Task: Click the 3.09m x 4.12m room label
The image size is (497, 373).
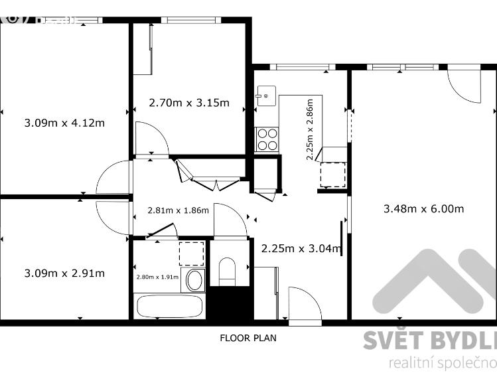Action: click(x=64, y=122)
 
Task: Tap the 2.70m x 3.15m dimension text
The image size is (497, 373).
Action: click(x=189, y=102)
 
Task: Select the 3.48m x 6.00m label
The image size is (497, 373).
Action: click(x=423, y=208)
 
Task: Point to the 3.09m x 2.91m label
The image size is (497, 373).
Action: click(x=64, y=273)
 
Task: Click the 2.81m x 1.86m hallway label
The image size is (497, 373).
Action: click(x=178, y=210)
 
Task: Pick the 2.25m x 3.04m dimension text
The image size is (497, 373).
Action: click(x=301, y=249)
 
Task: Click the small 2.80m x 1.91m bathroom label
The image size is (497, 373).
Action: click(x=157, y=277)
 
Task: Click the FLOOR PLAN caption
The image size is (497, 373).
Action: click(x=248, y=337)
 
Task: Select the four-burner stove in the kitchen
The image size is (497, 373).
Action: click(x=267, y=139)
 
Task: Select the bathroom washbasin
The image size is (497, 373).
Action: click(x=195, y=280)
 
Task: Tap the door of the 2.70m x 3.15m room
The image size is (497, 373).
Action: click(x=151, y=137)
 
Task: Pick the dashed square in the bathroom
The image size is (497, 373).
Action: click(x=191, y=253)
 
